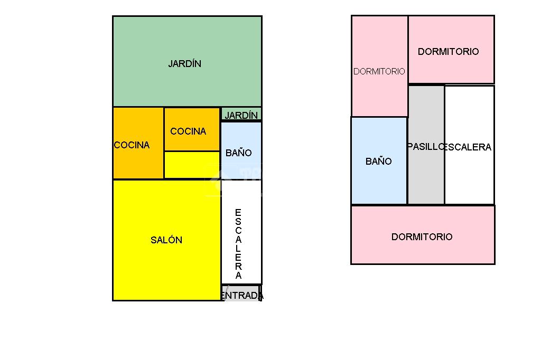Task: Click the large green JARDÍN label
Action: coord(185,64)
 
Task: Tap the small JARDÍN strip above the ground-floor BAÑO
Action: coord(241,115)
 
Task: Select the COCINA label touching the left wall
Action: coord(132,145)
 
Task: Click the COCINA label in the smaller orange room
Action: coord(188,131)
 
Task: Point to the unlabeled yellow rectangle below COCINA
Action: coord(192,165)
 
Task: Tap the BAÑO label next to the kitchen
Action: coord(239,153)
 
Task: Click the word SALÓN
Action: coord(166,240)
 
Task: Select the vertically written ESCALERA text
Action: coord(238,244)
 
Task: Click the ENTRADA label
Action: coord(242,296)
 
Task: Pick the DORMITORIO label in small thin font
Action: coord(379,71)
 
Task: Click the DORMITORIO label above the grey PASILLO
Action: coord(449,52)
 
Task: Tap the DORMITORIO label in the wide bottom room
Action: coord(422,237)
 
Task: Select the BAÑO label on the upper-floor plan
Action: coord(379,162)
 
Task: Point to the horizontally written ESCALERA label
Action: coord(469,147)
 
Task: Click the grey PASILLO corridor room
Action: coord(426,179)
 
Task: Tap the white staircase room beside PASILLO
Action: coord(469,179)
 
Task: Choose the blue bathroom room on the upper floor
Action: coord(379,185)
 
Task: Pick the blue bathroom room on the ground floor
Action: coord(241,137)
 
